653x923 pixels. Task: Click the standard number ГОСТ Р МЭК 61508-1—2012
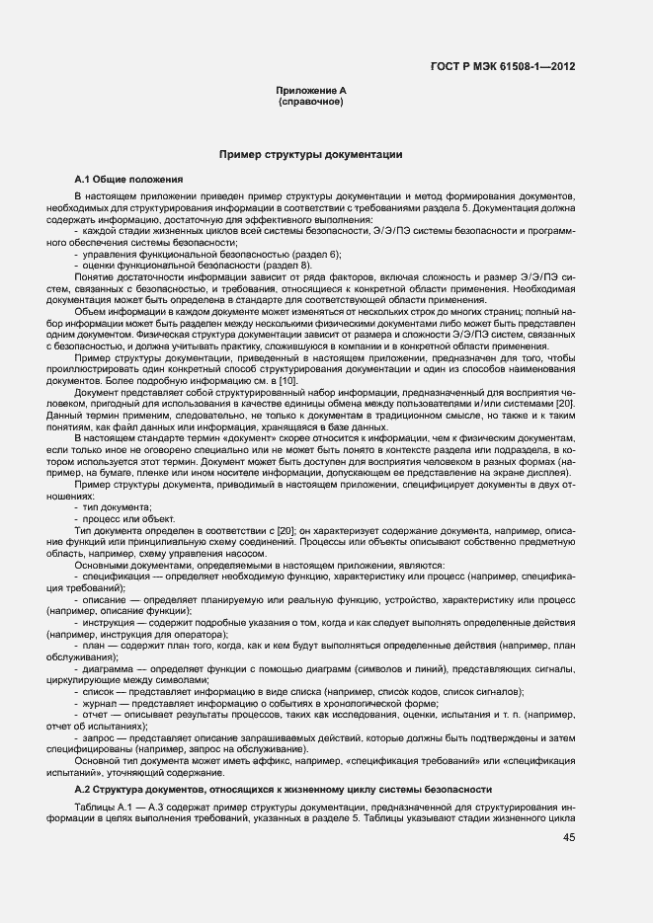pos(503,66)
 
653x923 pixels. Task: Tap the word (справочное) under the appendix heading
pos(311,102)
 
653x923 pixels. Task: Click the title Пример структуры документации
pos(310,155)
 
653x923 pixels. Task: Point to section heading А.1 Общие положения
pos(129,180)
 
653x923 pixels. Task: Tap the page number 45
pos(569,837)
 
